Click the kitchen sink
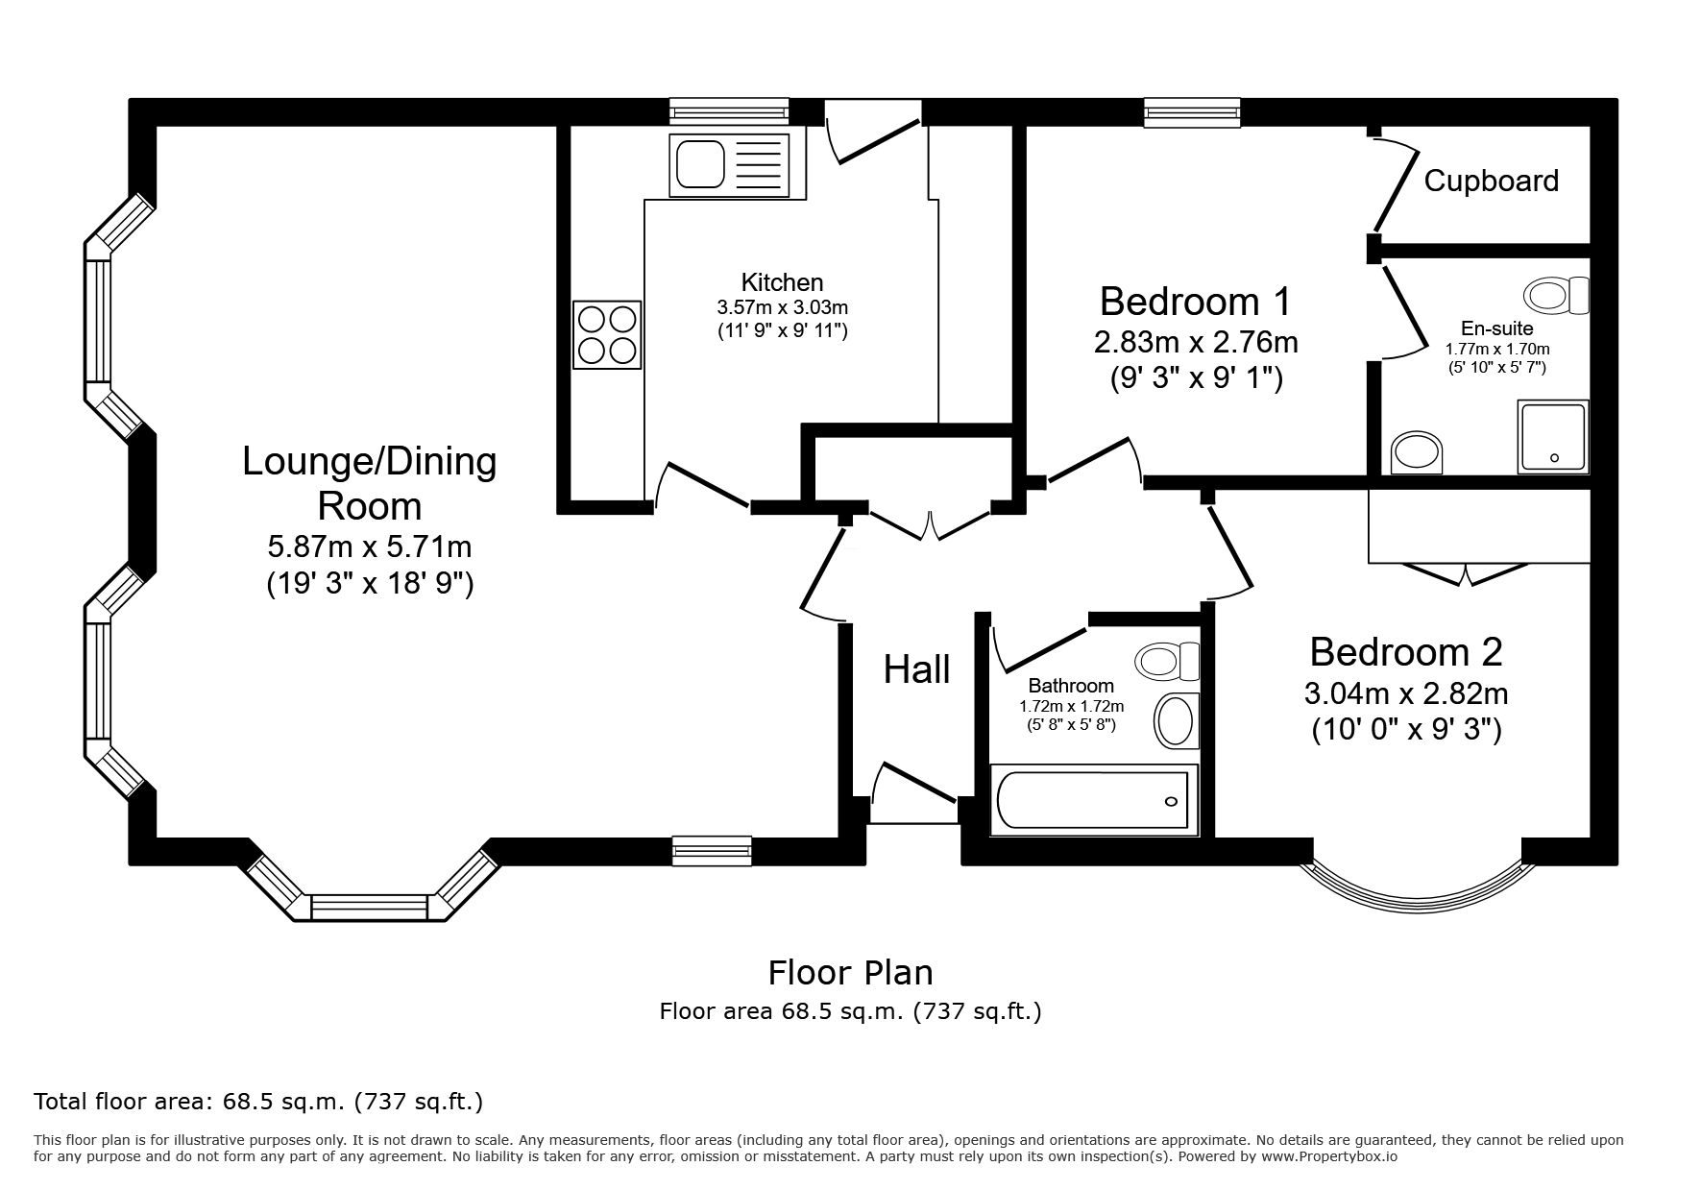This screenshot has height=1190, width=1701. [738, 164]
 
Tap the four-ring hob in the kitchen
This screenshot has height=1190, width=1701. [607, 334]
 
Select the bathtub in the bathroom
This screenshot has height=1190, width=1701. [1094, 800]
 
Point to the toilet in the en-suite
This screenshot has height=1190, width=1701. [1557, 295]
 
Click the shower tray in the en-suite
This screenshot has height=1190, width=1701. [1553, 437]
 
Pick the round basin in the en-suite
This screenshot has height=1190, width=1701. [1417, 451]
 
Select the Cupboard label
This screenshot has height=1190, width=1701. [1491, 181]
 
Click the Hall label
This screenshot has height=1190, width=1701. [916, 669]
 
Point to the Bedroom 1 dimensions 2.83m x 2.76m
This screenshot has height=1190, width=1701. [1196, 342]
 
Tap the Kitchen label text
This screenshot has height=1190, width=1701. [782, 282]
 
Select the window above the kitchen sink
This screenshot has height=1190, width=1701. [729, 112]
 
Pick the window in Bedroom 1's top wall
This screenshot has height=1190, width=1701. [1192, 112]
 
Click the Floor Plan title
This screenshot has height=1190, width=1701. [850, 973]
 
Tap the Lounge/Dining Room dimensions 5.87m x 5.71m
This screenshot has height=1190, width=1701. [370, 547]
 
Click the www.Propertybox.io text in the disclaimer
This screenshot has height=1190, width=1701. [1328, 1156]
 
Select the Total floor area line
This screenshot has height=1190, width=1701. [258, 1101]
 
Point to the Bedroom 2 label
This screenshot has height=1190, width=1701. [1405, 651]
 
